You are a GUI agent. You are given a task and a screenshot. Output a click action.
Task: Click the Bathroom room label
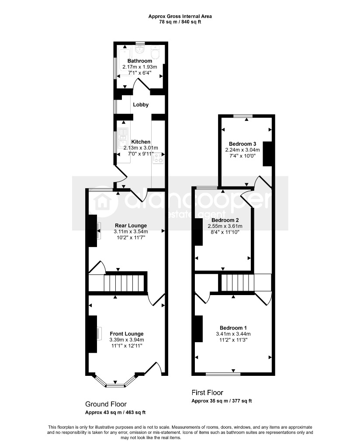point(139,61)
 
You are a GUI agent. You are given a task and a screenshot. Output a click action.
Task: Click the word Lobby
point(141,105)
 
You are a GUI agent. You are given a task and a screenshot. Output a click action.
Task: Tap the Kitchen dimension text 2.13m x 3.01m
point(141,148)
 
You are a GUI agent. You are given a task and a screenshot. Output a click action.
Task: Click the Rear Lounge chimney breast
point(93,230)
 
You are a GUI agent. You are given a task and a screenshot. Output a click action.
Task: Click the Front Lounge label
point(127,334)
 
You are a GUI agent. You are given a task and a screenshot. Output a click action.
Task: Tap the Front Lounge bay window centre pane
point(115,386)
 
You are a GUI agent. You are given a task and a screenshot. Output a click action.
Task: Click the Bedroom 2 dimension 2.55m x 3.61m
point(225,226)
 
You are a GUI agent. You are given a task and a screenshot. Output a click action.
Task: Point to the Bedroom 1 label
point(233,328)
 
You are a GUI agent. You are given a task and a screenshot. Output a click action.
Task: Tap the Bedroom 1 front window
point(223,374)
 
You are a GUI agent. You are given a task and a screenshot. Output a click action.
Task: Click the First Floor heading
point(208,392)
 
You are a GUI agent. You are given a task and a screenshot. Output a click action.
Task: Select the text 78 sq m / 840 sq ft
point(180,22)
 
